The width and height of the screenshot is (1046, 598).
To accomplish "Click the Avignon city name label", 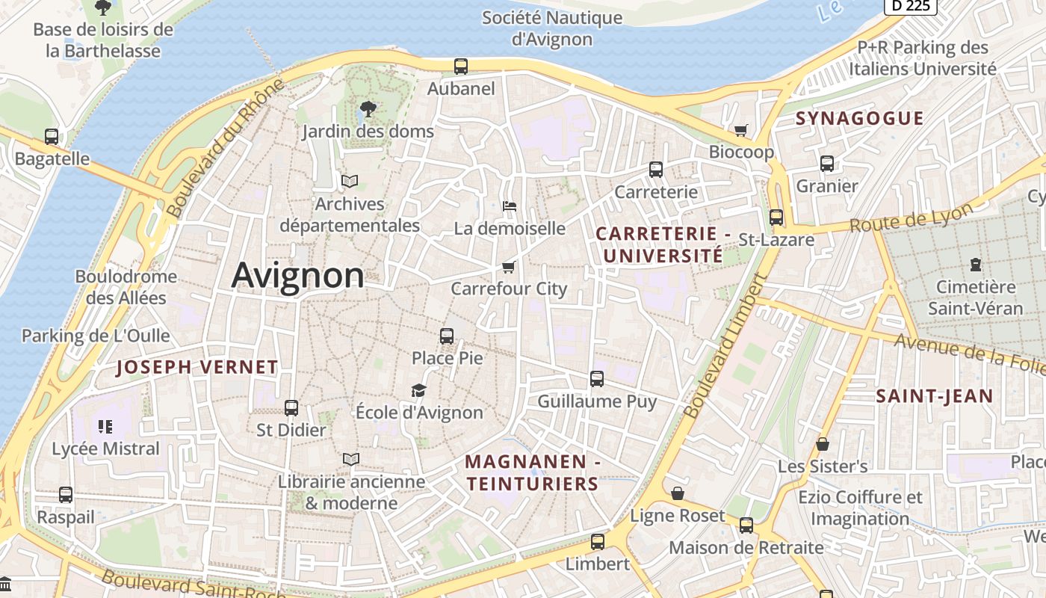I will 297,275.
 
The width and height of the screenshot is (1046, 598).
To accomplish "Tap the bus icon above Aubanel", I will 461,66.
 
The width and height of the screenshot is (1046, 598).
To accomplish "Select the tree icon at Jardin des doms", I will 368,109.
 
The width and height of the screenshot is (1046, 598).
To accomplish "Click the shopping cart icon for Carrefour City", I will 509,267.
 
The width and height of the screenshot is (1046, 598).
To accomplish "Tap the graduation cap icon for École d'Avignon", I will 418,390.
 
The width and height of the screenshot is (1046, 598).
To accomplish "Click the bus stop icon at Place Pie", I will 447,336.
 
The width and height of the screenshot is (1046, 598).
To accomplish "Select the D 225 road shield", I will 910,6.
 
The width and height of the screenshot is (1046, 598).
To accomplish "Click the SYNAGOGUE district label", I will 859,118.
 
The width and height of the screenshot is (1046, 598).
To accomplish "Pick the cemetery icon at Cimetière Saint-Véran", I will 975,264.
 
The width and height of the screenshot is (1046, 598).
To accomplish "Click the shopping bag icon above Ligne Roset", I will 677,493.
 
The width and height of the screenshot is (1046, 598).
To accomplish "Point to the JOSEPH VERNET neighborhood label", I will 197,367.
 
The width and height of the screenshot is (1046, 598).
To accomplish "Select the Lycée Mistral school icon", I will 105,427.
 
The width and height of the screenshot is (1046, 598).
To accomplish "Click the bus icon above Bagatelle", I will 52,137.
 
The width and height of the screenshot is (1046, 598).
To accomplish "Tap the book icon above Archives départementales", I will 350,181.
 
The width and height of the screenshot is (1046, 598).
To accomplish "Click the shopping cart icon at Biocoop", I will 740,131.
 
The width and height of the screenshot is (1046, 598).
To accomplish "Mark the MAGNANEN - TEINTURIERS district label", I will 533,473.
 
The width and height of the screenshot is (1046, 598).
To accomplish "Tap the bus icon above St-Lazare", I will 776,218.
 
